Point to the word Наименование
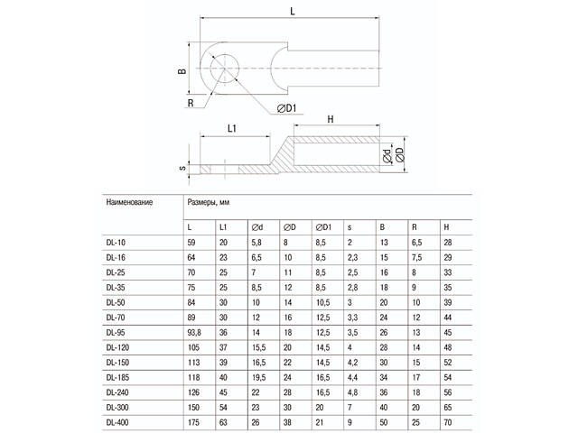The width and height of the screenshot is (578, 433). [x=130, y=202]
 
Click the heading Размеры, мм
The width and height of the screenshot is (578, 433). [x=209, y=202]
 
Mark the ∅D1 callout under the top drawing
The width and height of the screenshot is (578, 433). [x=287, y=109]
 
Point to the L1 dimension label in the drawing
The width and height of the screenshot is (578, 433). [x=233, y=129]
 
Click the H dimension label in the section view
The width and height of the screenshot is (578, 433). [x=331, y=119]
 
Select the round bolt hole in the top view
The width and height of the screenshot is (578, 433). [x=224, y=69]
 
